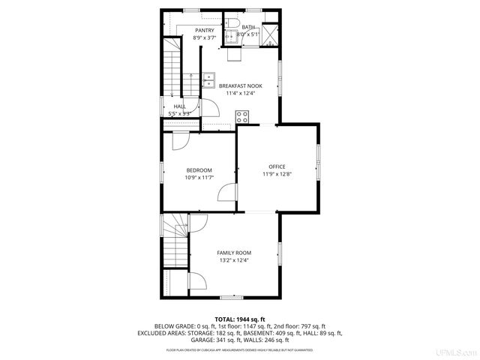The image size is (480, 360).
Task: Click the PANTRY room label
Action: click(x=204, y=30)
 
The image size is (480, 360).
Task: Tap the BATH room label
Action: click(x=247, y=27)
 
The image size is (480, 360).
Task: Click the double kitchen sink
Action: click(x=208, y=78)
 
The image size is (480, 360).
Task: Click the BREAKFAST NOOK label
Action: click(x=241, y=86)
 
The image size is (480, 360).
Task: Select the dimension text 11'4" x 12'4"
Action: click(x=241, y=94)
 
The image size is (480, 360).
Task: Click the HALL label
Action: click(x=180, y=106)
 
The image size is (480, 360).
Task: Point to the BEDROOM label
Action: click(x=199, y=169)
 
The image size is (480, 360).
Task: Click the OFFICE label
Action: click(x=277, y=166)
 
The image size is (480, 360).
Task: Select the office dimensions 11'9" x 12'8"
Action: click(x=277, y=174)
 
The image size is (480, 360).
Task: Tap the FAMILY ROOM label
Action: click(x=234, y=253)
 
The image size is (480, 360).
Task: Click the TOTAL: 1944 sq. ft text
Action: click(x=240, y=319)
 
